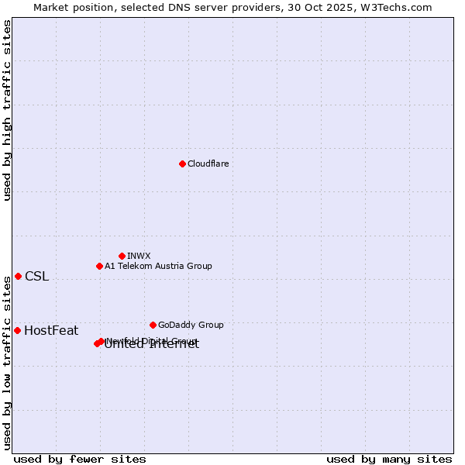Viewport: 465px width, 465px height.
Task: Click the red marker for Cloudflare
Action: click(182, 164)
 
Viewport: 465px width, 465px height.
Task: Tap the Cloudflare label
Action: click(208, 164)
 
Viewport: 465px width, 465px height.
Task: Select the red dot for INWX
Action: click(122, 256)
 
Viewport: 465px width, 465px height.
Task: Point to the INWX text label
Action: click(139, 256)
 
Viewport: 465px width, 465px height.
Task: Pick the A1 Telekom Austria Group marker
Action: click(99, 266)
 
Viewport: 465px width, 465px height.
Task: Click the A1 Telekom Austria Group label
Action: click(158, 266)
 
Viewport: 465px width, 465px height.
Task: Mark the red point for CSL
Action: click(18, 276)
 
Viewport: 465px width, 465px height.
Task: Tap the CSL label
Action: click(36, 277)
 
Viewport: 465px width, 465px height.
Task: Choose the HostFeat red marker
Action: click(17, 330)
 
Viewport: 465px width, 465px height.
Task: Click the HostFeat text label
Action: click(51, 331)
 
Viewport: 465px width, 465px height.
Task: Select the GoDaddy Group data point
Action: click(153, 325)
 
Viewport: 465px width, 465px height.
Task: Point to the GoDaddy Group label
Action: click(191, 325)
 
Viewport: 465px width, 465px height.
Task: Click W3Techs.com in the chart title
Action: click(398, 7)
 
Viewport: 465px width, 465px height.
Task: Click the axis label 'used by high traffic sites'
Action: click(7, 110)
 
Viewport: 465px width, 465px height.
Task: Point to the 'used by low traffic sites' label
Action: click(7, 363)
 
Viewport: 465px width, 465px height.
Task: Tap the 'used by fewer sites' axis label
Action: click(80, 459)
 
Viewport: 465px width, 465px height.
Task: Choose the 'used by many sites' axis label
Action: click(389, 459)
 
